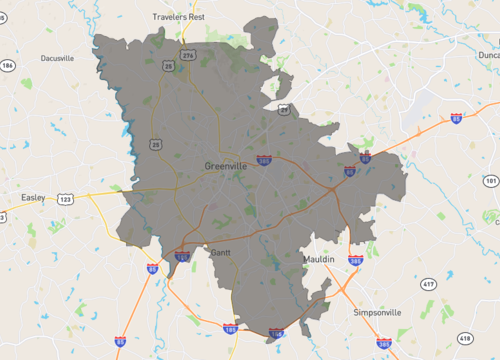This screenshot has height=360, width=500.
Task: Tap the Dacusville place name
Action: (x=57, y=58)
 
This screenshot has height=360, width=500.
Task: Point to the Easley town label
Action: (x=33, y=198)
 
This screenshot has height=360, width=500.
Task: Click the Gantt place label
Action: (x=220, y=253)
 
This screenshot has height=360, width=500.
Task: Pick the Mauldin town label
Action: (x=319, y=259)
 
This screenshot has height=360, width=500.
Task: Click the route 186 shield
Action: (x=8, y=66)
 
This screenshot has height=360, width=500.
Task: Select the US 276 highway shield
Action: (x=188, y=55)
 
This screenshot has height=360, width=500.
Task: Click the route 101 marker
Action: (x=490, y=181)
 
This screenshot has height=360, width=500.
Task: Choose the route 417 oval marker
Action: (x=428, y=285)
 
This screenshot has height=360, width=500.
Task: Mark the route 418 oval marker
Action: (x=463, y=338)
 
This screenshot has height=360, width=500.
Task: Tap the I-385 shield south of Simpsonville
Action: (x=384, y=341)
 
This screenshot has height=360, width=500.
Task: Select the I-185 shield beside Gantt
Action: (x=183, y=257)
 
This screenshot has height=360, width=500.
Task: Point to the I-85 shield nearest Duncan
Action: (x=456, y=118)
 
